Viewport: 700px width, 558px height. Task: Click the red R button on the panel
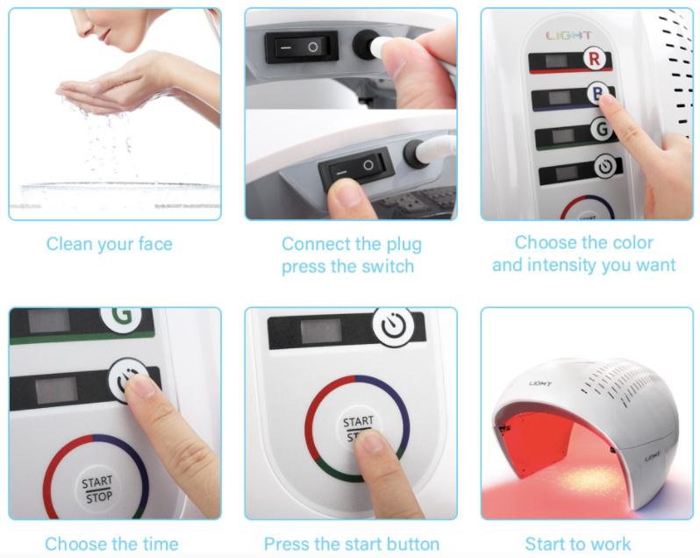click(x=595, y=61)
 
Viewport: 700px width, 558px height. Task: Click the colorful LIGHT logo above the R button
click(x=568, y=35)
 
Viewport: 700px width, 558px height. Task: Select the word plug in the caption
click(x=401, y=245)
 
